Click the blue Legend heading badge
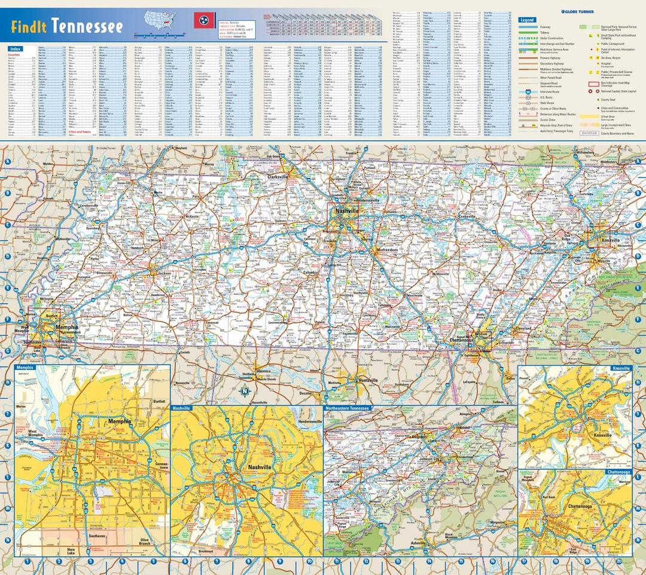pos(527,20)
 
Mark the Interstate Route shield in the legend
pos(528,91)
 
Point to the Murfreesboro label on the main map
pos(387,249)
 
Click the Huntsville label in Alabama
pos(365,380)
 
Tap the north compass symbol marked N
pos(245,392)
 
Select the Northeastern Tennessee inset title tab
pos(348,408)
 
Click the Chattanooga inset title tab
pos(618,472)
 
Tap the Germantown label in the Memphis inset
pos(160,467)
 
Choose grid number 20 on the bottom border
pos(618,561)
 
